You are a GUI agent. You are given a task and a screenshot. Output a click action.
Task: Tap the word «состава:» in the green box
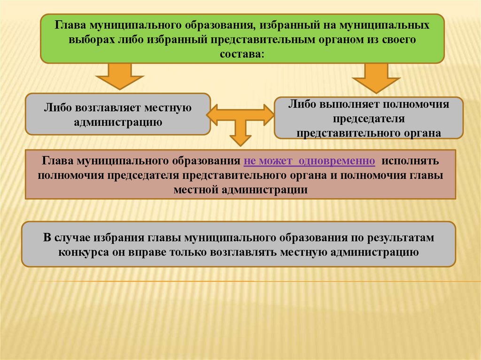tap(242, 54)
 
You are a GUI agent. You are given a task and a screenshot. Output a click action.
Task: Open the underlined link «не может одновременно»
tap(310, 161)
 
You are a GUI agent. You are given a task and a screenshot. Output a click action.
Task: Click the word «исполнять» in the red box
tap(410, 161)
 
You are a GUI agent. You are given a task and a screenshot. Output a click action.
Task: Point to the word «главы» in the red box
tap(428, 176)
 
